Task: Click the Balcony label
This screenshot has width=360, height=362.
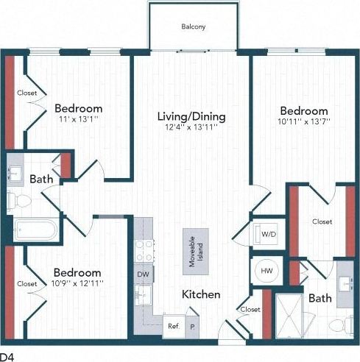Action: pos(194,27)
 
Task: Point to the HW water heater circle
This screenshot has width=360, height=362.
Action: pos(264,271)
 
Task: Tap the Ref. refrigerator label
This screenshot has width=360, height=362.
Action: pos(173,325)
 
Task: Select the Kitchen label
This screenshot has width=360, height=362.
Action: pos(201,294)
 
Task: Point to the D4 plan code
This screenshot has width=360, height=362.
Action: pos(7,356)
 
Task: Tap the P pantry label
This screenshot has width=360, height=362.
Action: pos(193,325)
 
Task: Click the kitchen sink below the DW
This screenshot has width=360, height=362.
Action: pos(142,295)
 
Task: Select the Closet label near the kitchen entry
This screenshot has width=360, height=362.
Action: pos(250,310)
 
